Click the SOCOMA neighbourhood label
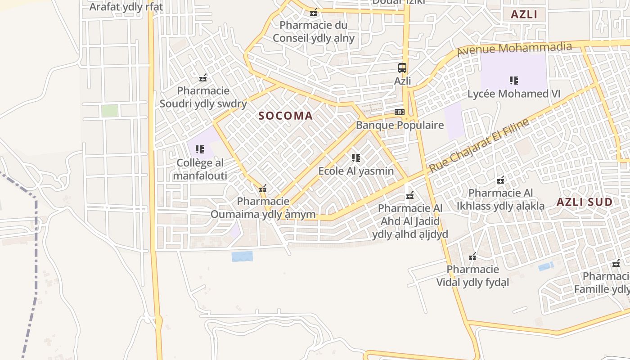coord(285,116)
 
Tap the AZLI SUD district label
coord(585,202)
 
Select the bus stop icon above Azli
coord(402,68)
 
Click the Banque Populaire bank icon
coord(400,112)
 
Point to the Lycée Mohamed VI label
coord(514,94)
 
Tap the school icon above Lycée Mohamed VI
coord(513,81)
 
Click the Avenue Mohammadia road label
coord(514,48)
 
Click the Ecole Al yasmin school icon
coord(356,157)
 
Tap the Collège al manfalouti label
coord(200,169)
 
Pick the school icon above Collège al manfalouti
coord(199,149)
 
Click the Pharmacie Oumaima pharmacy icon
coord(263,189)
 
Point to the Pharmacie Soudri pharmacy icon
coord(203,78)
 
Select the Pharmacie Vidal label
coord(472,276)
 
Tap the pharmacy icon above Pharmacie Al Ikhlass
coord(500,180)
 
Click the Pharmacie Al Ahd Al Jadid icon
coord(410,195)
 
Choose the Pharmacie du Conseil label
coord(314,31)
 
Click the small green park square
coord(110,111)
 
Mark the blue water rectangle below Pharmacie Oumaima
coord(242,256)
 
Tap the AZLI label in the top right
coord(524,14)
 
